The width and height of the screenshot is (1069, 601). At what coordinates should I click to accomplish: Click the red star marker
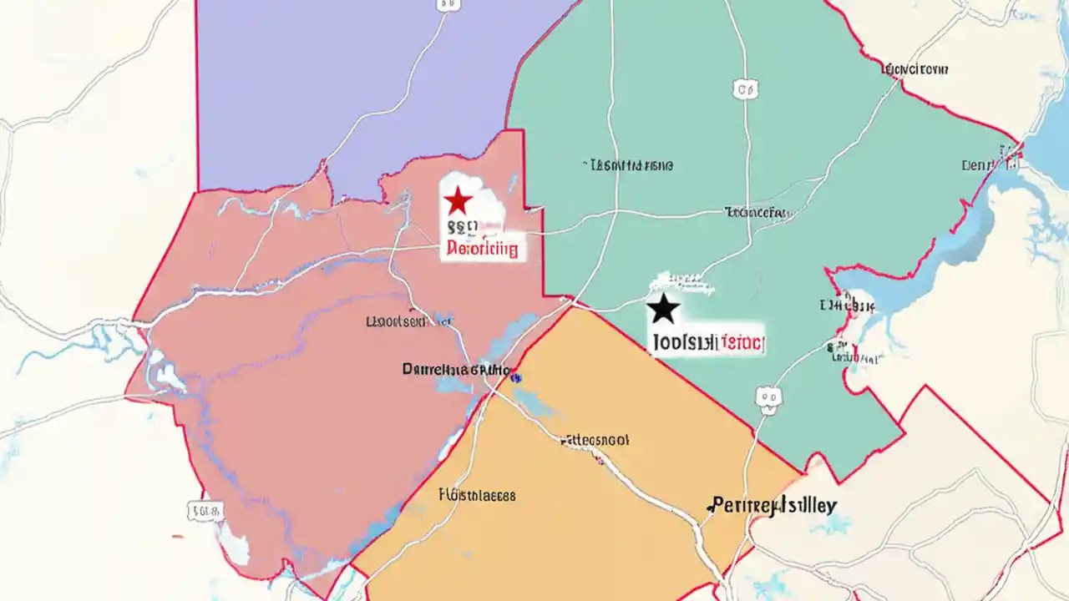pyautogui.click(x=458, y=201)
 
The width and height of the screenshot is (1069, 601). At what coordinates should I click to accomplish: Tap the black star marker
pyautogui.click(x=664, y=309)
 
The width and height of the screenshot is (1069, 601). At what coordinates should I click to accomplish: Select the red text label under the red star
pyautogui.click(x=482, y=248)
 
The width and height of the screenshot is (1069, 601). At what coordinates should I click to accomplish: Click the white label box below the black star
pyautogui.click(x=708, y=341)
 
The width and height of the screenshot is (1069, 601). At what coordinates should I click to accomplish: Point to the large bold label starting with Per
pyautogui.click(x=772, y=505)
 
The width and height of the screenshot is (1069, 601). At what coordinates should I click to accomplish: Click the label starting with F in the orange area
pyautogui.click(x=477, y=495)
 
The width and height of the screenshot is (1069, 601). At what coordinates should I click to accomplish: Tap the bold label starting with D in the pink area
pyautogui.click(x=456, y=368)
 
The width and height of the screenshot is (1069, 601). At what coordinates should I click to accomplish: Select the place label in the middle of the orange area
pyautogui.click(x=595, y=439)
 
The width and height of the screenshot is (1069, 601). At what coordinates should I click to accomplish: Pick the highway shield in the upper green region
pyautogui.click(x=746, y=88)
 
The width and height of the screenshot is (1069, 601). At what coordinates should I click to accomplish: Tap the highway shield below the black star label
pyautogui.click(x=768, y=400)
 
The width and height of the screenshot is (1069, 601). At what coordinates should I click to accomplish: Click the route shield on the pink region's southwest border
pyautogui.click(x=205, y=511)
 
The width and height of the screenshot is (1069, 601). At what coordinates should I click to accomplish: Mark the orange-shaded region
pyautogui.click(x=585, y=518)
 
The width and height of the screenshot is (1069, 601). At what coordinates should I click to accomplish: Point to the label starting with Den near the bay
pyautogui.click(x=981, y=165)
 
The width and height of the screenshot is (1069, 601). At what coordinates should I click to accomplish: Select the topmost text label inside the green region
pyautogui.click(x=631, y=165)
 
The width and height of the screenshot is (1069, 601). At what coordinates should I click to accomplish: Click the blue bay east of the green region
pyautogui.click(x=1002, y=225)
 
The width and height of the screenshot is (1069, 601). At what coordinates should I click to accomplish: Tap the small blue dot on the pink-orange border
pyautogui.click(x=516, y=378)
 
